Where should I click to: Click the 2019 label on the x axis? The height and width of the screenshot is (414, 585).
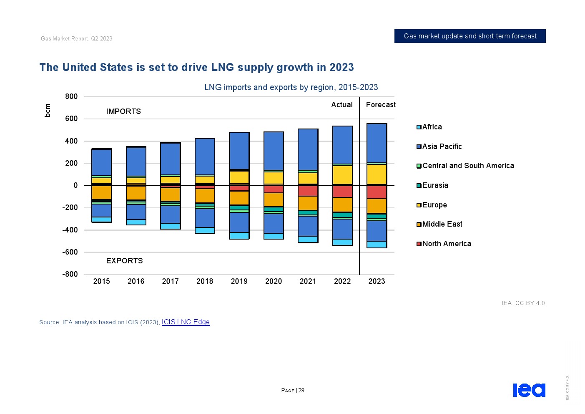(x=239, y=281)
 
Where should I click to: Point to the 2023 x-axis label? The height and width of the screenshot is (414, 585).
(x=377, y=281)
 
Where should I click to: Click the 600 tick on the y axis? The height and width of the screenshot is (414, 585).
(x=71, y=119)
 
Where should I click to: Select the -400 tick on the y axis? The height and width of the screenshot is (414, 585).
(x=70, y=230)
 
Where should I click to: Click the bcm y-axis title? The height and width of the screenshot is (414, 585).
(x=48, y=110)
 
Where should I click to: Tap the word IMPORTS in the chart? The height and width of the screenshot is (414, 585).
(x=123, y=111)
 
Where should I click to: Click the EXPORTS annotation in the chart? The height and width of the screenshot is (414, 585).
(x=124, y=261)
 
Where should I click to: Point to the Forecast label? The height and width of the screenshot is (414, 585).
(x=381, y=105)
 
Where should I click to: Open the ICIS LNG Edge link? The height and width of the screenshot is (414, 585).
(x=186, y=322)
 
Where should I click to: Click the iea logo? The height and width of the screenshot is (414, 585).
(x=529, y=390)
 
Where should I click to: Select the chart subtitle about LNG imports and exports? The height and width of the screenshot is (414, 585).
(x=291, y=87)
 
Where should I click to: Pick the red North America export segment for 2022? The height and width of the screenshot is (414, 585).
(x=342, y=192)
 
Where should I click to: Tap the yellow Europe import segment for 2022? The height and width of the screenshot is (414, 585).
(x=342, y=175)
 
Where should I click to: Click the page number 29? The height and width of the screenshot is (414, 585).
(x=301, y=390)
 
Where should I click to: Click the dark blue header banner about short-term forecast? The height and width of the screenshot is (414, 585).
(x=470, y=36)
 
